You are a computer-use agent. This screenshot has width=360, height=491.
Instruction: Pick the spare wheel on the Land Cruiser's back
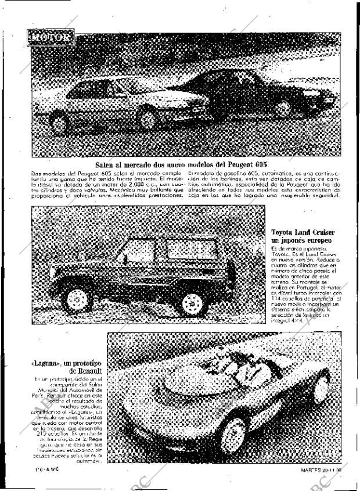tap(231, 275)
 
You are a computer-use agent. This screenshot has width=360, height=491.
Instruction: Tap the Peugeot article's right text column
tap(264, 184)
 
